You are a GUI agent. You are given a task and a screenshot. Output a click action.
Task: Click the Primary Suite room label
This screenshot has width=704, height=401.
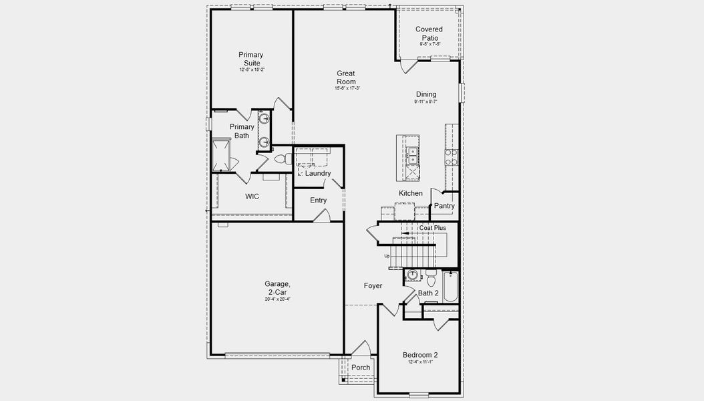point(251,59)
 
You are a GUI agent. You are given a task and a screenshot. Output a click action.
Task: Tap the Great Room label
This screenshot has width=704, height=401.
point(346,78)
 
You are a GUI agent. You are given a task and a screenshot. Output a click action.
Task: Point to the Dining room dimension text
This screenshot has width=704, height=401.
point(425,102)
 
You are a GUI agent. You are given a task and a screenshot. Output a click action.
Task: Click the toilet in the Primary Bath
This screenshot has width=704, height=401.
point(281,159)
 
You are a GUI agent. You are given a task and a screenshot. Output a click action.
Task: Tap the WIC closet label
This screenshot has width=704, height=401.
point(252,196)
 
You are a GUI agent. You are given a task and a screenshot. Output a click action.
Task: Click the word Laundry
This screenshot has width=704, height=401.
point(318,174)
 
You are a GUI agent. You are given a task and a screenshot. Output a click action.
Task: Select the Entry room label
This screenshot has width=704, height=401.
point(319,200)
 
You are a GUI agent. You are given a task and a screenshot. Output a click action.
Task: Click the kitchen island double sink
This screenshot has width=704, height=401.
point(412,156)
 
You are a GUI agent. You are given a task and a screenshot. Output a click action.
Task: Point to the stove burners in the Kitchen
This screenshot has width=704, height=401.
point(452,157)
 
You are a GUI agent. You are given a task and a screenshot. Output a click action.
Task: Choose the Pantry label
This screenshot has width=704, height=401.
point(444,206)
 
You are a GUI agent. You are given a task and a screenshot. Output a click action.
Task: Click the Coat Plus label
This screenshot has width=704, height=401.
point(432,228)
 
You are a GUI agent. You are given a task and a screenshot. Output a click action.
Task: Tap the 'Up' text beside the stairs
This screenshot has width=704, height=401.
point(387,256)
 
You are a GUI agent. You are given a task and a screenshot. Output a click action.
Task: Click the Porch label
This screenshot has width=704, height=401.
point(361,368)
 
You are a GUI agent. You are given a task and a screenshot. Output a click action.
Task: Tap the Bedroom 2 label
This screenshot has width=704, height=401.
point(420,355)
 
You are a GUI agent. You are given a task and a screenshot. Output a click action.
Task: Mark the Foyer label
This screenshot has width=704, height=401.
point(373,286)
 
